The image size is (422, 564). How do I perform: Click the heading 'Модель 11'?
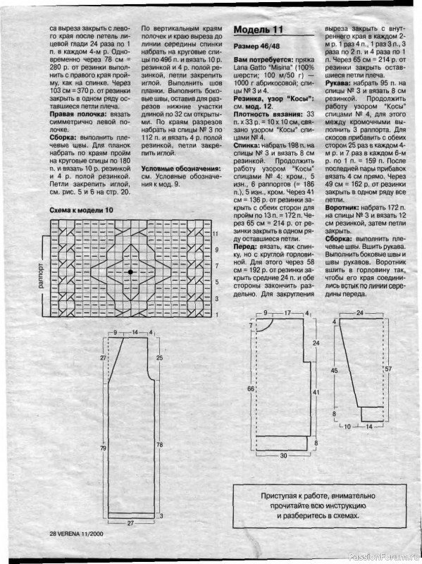(x=258, y=30)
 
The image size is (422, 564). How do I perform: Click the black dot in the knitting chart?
(x=130, y=271)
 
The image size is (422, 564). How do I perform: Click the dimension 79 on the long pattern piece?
(x=103, y=448)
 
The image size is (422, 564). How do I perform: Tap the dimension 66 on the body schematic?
(x=250, y=388)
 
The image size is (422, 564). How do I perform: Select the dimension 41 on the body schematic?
(x=316, y=391)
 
